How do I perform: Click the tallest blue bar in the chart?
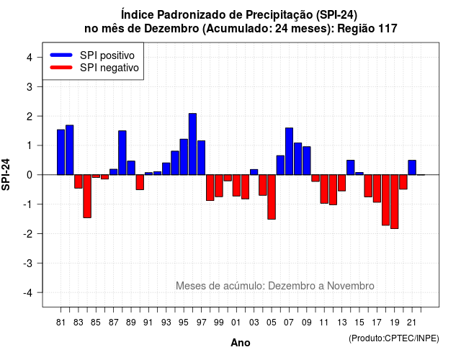coord(192,144)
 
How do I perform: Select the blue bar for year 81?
coord(61,152)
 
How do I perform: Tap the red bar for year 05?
coord(272,197)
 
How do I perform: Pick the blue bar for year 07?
coord(289,151)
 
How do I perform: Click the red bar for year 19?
coord(395,202)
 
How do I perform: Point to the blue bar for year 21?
coord(412,168)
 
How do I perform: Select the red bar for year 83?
coord(79,181)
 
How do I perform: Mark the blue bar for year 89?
coord(131,168)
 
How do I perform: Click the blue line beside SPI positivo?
coord(61,55)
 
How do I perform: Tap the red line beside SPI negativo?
coord(61,68)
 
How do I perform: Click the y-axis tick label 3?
coord(30,86)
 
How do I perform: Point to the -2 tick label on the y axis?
coord(28,233)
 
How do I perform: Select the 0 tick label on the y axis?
coord(30,175)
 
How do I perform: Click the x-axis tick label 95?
coord(184,323)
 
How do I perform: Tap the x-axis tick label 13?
coord(341,323)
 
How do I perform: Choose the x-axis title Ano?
coord(241,343)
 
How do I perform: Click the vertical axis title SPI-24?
coord(6,174)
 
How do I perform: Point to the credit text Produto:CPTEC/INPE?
coord(394,338)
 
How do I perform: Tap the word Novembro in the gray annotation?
coord(351,286)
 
